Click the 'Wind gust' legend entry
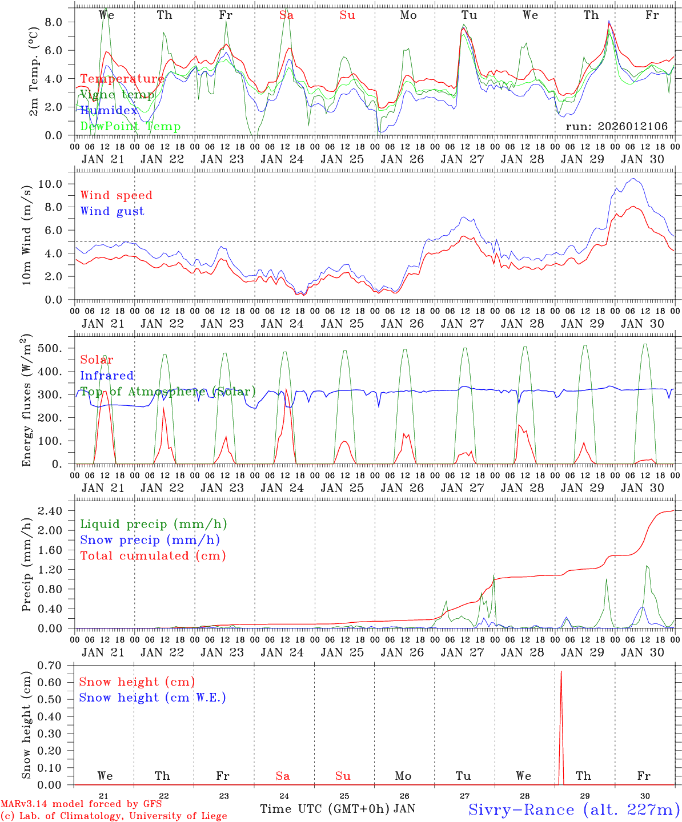coord(112,211)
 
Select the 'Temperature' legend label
coord(122,79)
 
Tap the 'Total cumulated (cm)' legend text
coord(153,555)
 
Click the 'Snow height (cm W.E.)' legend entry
coord(153,698)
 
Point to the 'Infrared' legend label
coord(107,376)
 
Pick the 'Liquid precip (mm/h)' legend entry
coord(153,524)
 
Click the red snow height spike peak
coord(561,672)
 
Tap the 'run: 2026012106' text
coord(616,126)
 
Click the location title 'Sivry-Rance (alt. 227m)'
coord(573,809)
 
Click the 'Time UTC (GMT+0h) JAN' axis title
coord(338,809)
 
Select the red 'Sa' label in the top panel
coord(286,15)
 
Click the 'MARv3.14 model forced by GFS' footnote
coord(81,804)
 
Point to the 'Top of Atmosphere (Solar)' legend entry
coord(168,392)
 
